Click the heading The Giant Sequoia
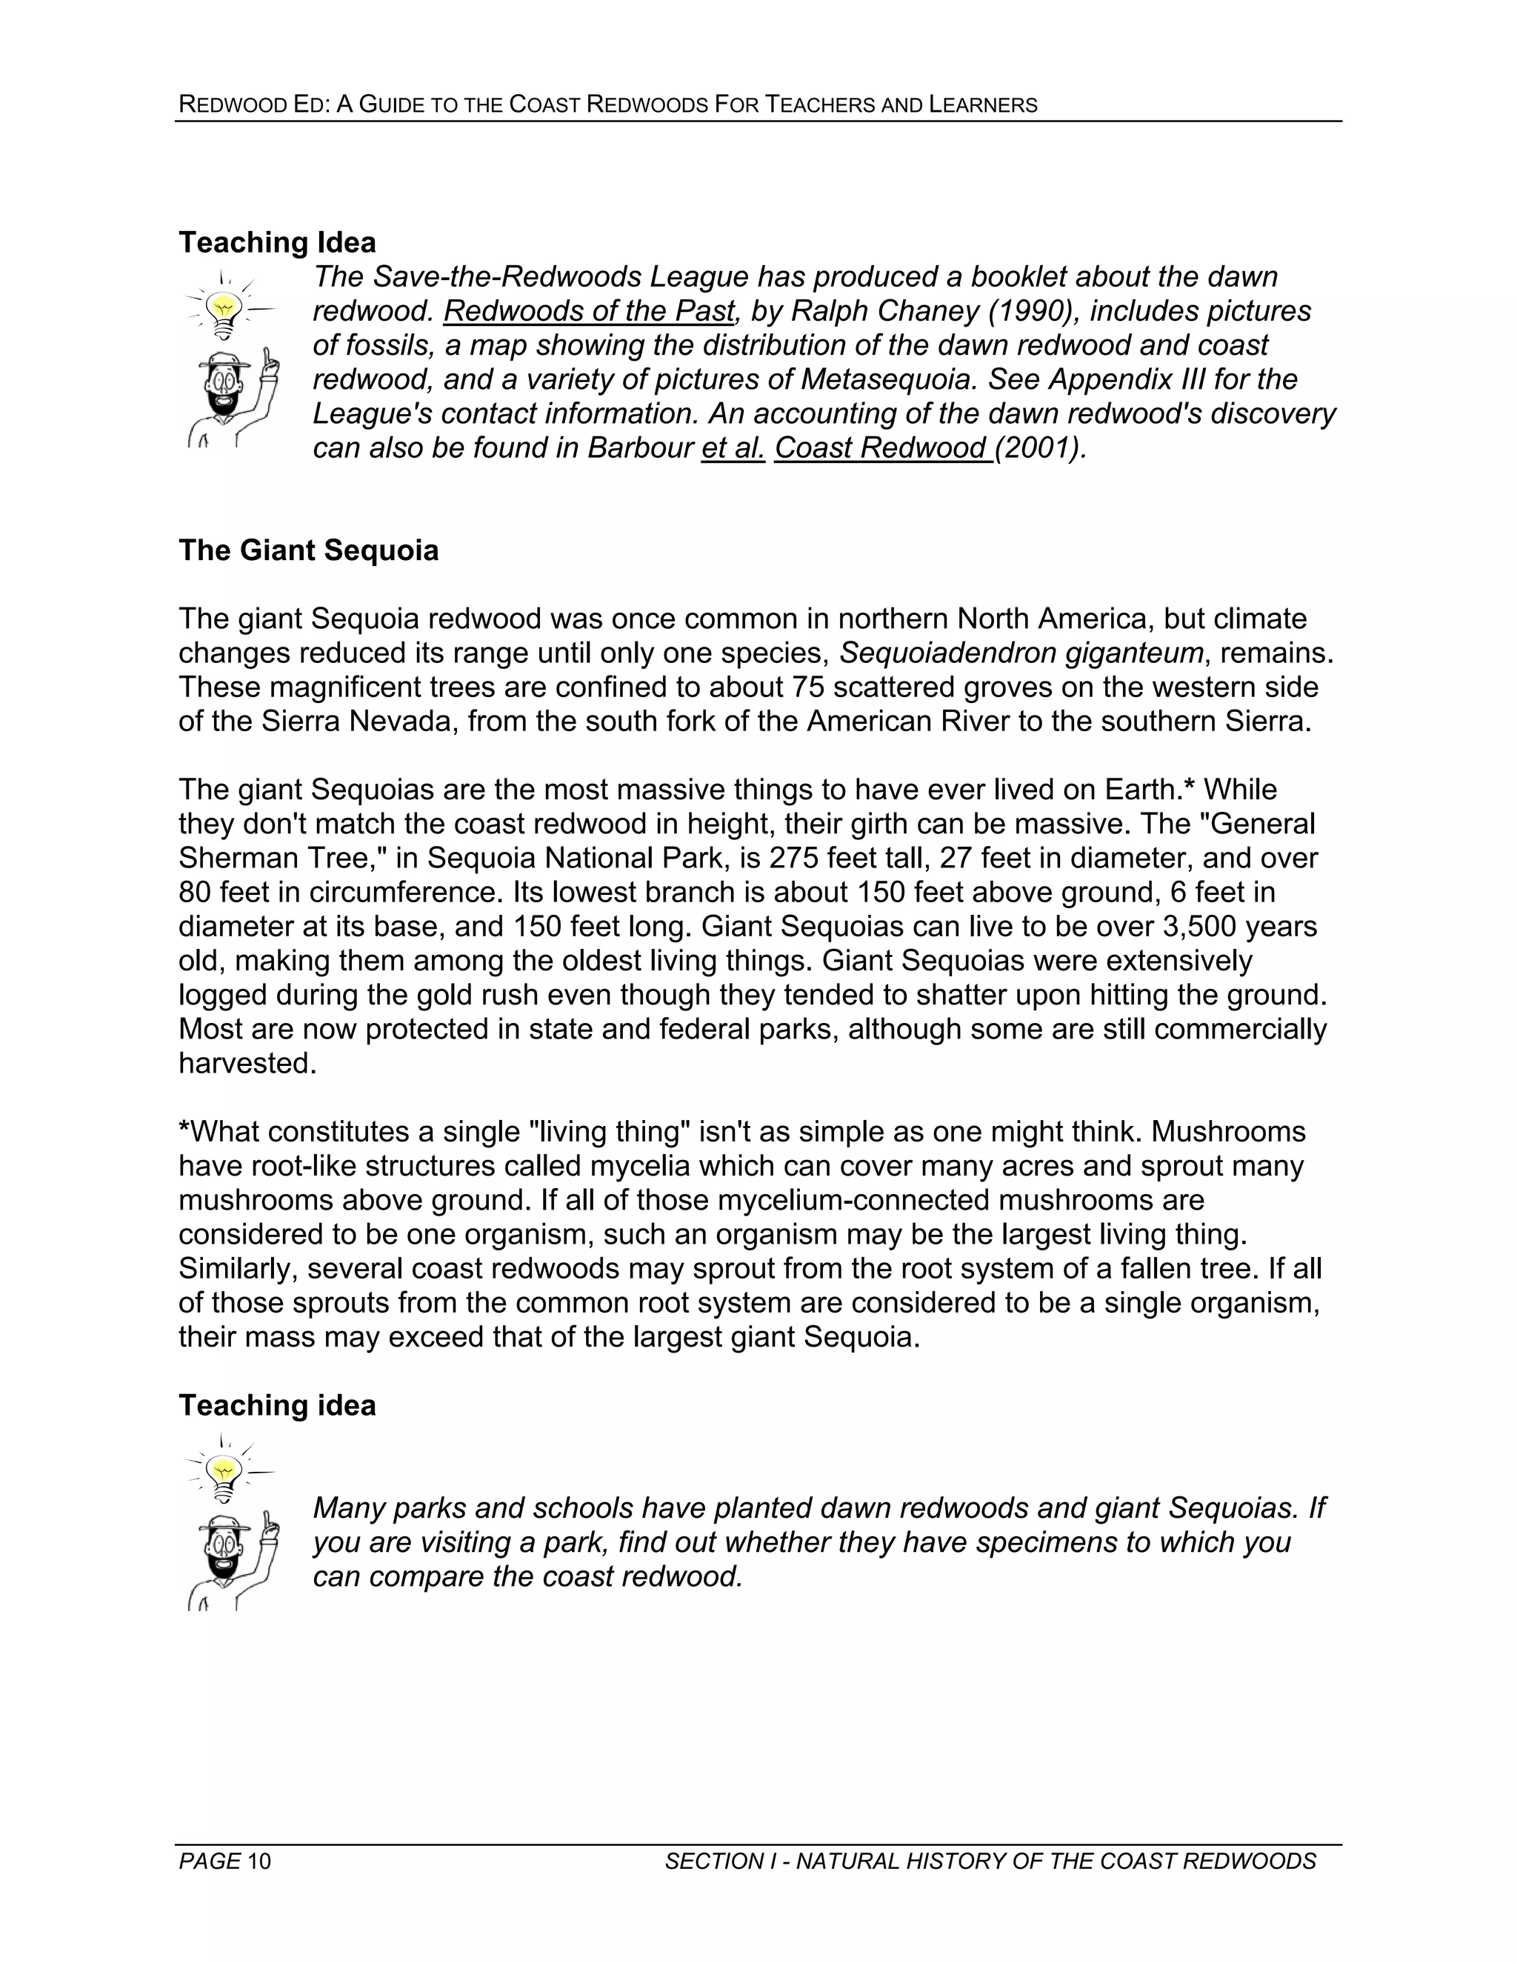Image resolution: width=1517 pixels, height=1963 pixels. pyautogui.click(x=308, y=550)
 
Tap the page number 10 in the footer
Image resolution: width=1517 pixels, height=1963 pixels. pyautogui.click(x=259, y=1861)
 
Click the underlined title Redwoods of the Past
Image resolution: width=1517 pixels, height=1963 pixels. pyautogui.click(x=589, y=311)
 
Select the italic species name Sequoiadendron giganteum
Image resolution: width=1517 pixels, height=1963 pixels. pyautogui.click(x=1021, y=653)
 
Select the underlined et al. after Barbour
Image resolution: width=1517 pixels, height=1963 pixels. pyautogui.click(x=733, y=447)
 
